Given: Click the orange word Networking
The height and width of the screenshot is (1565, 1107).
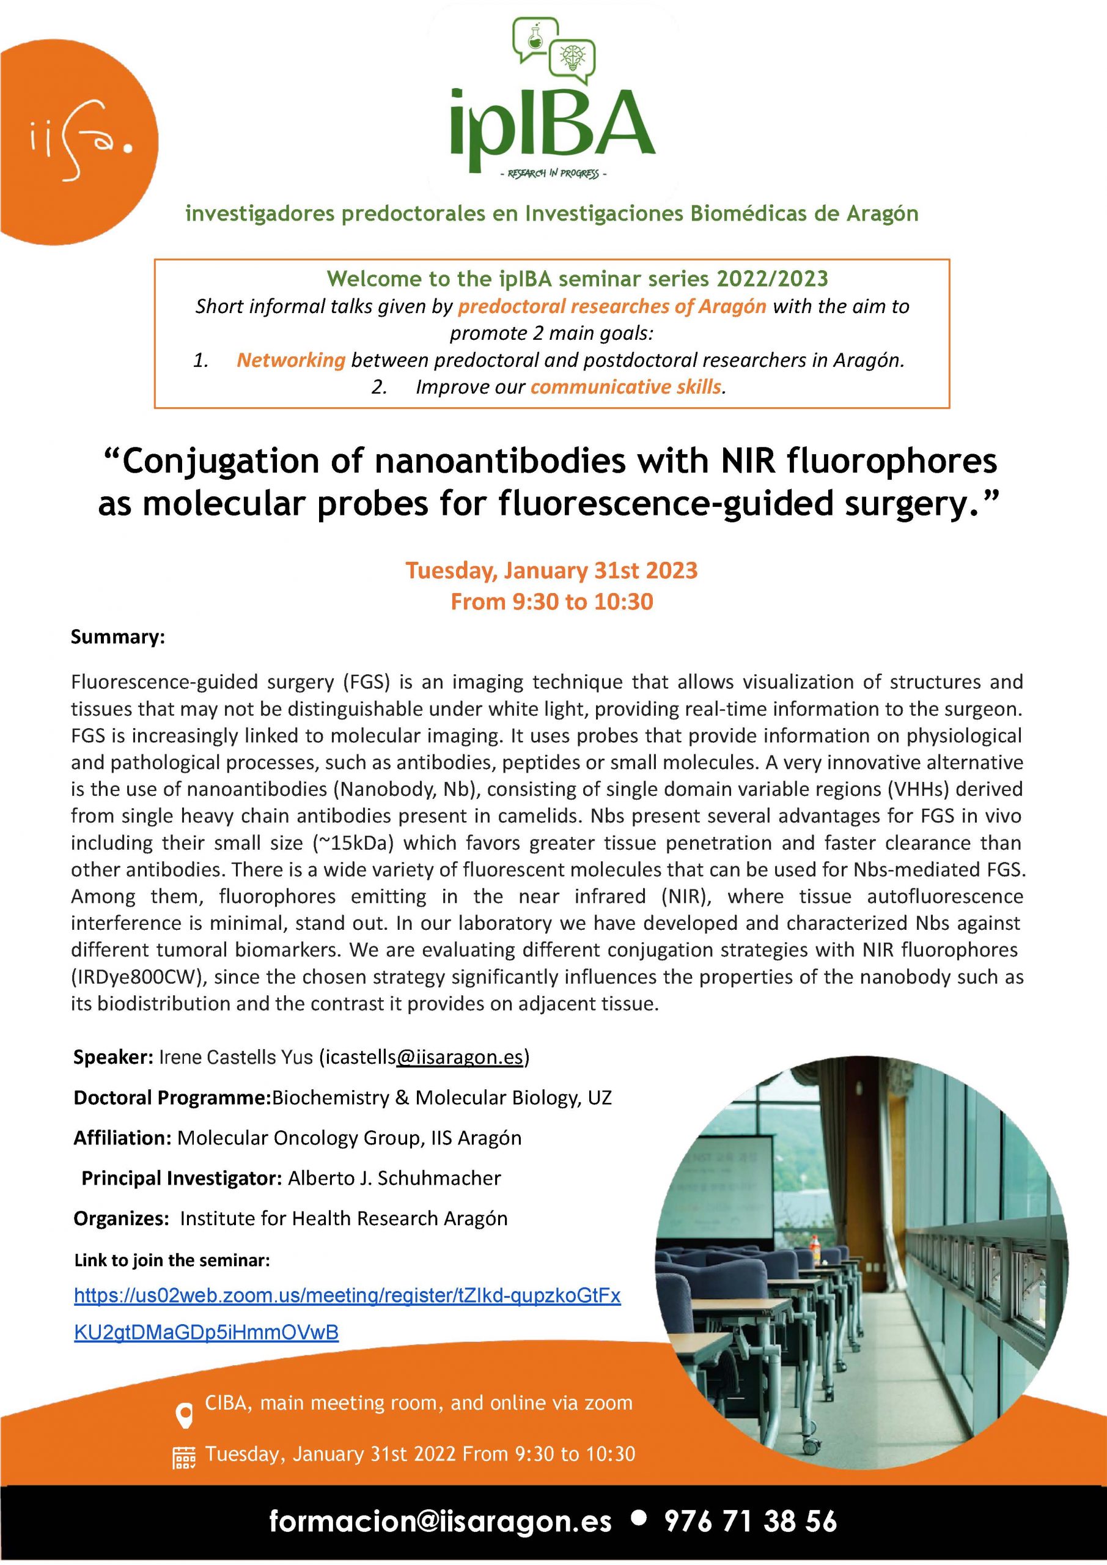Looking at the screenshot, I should (x=290, y=360).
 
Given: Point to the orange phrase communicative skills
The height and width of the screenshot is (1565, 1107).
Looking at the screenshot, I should (x=626, y=387).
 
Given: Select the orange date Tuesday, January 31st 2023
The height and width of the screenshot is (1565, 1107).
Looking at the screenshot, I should (x=551, y=570).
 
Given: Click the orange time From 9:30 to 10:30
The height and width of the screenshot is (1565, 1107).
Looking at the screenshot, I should (x=551, y=601).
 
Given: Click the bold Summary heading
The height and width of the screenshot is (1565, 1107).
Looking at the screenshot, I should (x=118, y=638).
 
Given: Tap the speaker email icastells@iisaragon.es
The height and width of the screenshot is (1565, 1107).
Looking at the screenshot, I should (x=424, y=1057).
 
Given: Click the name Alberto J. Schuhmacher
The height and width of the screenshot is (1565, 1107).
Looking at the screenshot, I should (x=394, y=1179).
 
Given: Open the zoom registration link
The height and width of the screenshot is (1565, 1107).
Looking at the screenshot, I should (x=347, y=1296).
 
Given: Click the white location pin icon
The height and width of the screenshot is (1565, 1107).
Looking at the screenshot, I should (x=184, y=1415).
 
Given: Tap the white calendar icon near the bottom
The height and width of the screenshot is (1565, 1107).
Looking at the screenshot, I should (x=184, y=1457).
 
